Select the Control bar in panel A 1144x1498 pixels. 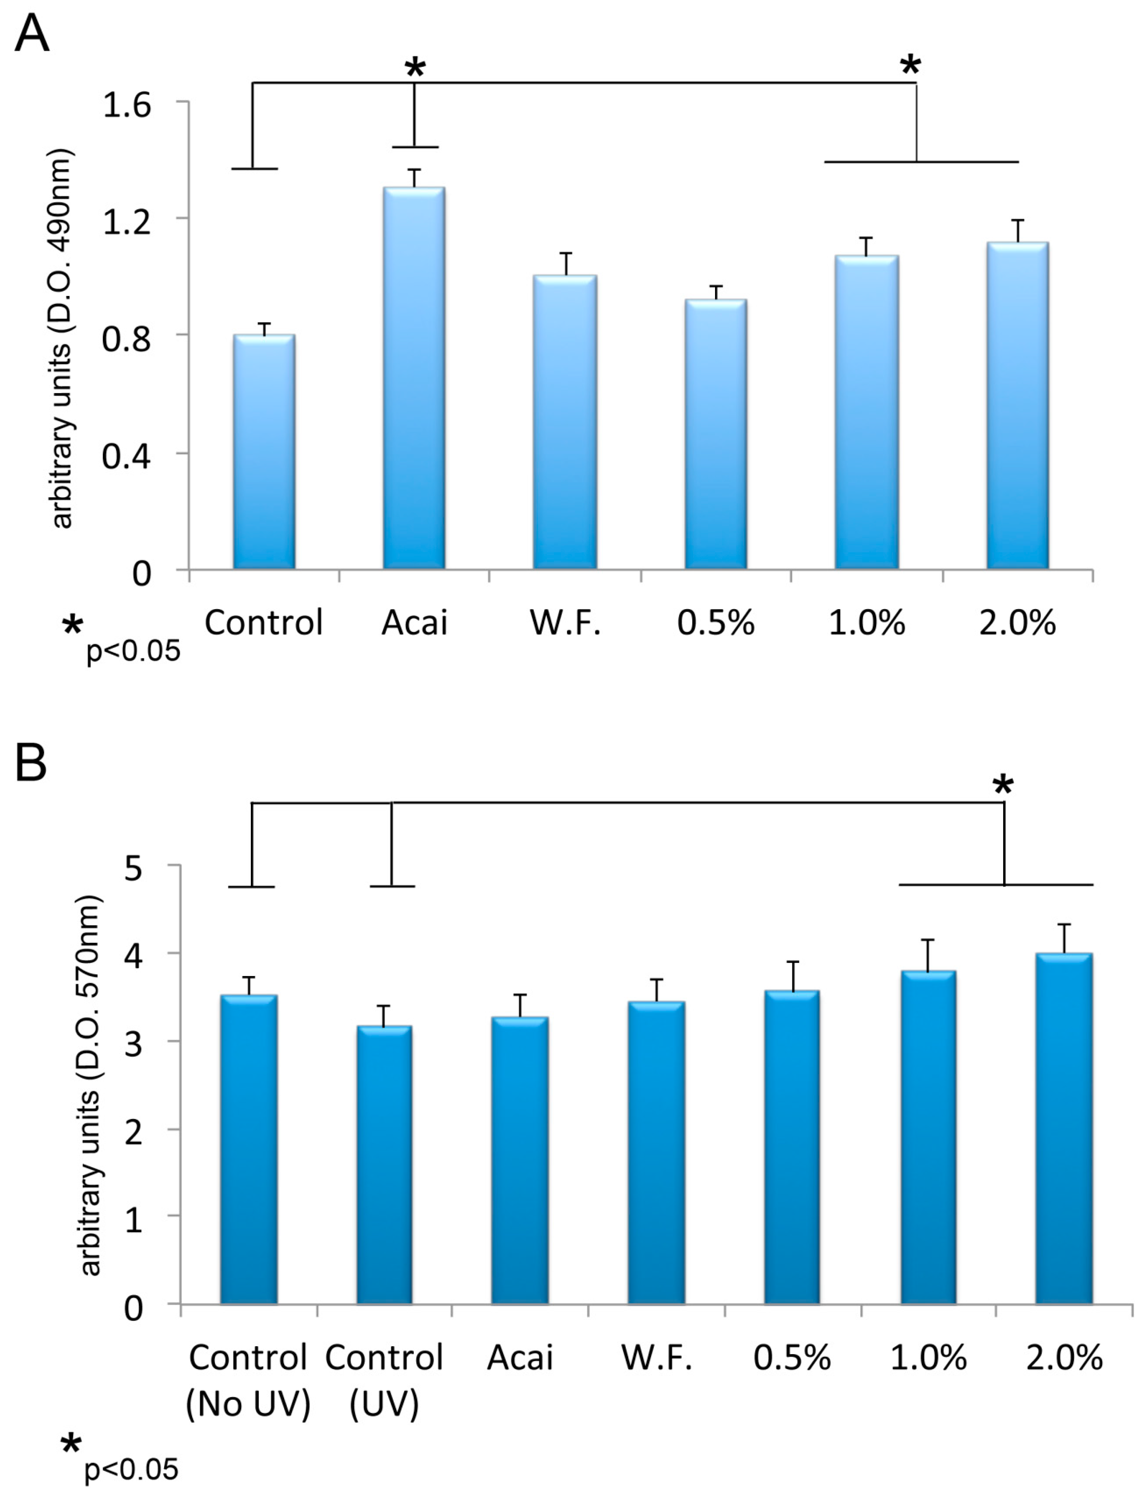click(264, 452)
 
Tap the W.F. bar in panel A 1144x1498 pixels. click(565, 422)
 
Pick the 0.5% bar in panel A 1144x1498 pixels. click(716, 434)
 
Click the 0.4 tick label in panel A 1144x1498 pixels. click(127, 456)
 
